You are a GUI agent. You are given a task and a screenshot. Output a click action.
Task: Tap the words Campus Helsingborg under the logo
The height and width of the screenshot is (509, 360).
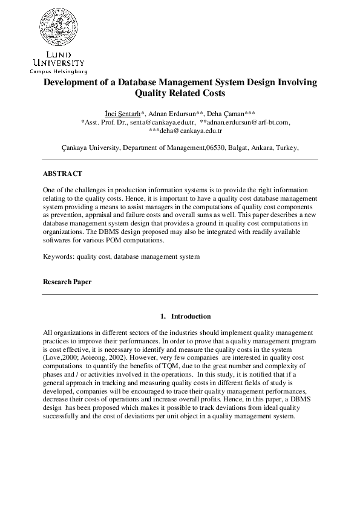click(x=56, y=70)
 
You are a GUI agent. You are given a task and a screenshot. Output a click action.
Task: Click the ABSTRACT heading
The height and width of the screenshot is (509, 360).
click(x=62, y=173)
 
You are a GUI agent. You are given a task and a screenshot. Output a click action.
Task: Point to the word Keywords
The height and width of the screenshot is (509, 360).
click(x=58, y=256)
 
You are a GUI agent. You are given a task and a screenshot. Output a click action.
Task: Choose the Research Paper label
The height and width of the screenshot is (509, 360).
click(x=67, y=282)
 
